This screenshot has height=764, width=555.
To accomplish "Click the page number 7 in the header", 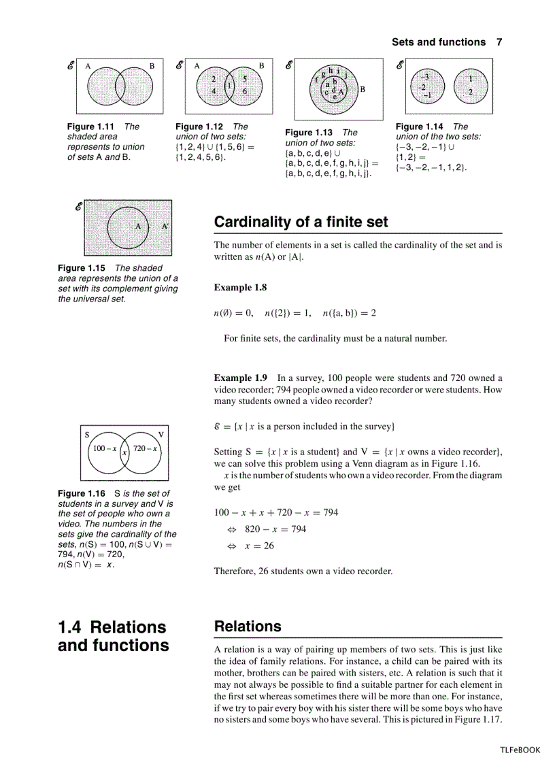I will pos(499,42).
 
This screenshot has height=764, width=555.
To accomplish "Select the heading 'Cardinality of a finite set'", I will pos(301,222).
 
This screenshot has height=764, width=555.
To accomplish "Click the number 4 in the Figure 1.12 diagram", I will pos(214,90).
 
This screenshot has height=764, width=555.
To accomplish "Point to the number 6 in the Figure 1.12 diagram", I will pos(245,90).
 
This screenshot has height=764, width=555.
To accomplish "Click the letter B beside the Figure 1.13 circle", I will pos(363,88).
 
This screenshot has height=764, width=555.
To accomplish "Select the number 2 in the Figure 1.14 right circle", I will pos(470,91).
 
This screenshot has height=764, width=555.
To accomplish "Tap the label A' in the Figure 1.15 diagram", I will pos(165,226).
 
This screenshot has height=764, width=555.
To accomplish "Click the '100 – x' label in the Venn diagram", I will pos(105,448).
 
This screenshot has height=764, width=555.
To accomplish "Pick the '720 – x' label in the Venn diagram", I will pos(145,448).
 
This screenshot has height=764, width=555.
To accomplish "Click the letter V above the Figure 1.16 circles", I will pos(161,434).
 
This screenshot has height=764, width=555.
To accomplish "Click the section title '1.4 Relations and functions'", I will pos(113,635).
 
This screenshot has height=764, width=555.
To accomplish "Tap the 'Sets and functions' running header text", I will pos(438,42).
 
